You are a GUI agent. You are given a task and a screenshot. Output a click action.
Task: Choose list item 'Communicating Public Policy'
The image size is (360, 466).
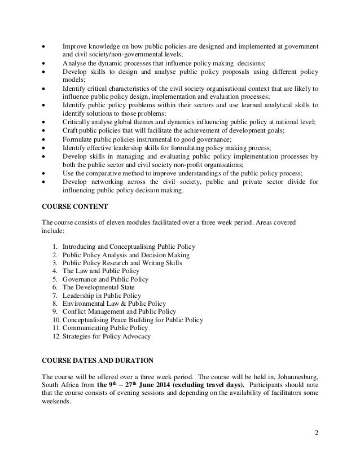click(107, 328)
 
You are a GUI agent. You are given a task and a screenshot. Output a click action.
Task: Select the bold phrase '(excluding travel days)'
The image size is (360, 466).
click(208, 385)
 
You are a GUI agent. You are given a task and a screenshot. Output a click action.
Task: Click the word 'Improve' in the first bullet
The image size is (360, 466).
click(73, 45)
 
